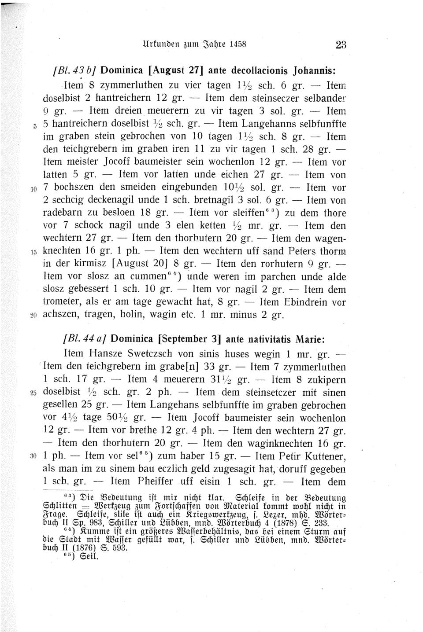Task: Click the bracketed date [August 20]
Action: click(141, 265)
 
